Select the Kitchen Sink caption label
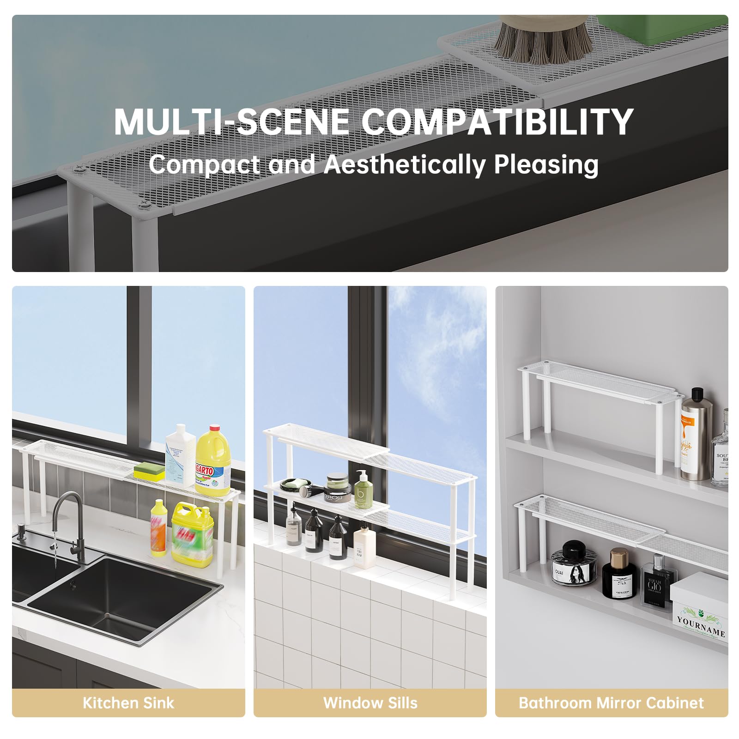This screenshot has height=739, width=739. [128, 703]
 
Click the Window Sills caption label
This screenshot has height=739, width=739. [370, 703]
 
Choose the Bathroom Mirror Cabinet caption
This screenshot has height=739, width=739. [611, 703]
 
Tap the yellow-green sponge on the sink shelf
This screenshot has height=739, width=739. [149, 472]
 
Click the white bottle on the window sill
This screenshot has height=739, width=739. [364, 547]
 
